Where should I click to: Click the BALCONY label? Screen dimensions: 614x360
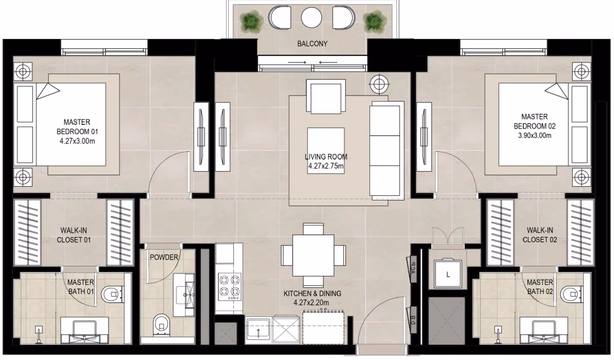(x=312, y=44)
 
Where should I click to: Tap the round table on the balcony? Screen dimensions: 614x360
(x=312, y=17)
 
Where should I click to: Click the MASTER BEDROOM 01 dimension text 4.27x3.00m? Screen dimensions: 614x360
(x=77, y=141)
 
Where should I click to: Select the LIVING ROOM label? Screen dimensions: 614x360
(x=326, y=156)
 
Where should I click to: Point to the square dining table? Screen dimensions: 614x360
(x=313, y=256)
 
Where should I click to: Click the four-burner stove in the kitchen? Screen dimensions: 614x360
(x=230, y=287)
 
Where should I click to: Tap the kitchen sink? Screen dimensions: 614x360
(x=258, y=330)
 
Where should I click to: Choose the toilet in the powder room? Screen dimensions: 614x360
(x=162, y=325)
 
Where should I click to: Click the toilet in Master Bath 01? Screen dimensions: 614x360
(x=113, y=295)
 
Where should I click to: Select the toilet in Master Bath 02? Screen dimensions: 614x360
(x=572, y=295)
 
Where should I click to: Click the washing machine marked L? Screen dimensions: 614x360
(x=448, y=274)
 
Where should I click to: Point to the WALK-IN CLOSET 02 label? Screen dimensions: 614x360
(x=540, y=235)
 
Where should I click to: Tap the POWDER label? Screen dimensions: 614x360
(x=164, y=257)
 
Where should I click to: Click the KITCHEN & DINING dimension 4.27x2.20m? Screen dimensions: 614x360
(x=311, y=303)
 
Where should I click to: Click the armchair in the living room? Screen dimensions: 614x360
(x=326, y=96)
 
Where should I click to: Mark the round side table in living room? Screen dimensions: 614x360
(x=379, y=83)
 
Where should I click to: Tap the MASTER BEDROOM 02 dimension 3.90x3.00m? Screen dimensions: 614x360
(x=535, y=136)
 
